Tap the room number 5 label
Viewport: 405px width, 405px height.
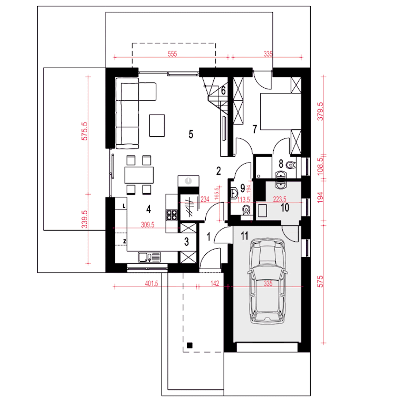point(190,134)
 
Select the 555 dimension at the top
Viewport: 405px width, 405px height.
point(172,54)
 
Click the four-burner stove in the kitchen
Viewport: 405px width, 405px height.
point(171,215)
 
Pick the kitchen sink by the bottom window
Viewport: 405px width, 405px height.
point(149,257)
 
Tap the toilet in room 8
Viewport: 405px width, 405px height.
point(291,165)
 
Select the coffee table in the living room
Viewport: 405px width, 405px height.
point(157,126)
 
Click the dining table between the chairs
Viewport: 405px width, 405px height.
point(139,175)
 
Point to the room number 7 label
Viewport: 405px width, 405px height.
point(254,129)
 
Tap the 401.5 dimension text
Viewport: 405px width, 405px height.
point(151,283)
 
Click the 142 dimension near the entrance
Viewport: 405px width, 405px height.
point(215,283)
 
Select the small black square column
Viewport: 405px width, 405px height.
point(190,345)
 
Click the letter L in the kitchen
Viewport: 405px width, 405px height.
point(124,206)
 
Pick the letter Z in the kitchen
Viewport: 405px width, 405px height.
point(125,242)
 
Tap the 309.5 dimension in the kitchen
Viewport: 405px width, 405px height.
point(147,225)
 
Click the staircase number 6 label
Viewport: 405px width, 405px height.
point(223,91)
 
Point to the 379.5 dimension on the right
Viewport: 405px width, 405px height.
point(320,111)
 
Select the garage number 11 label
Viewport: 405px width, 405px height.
point(245,236)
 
